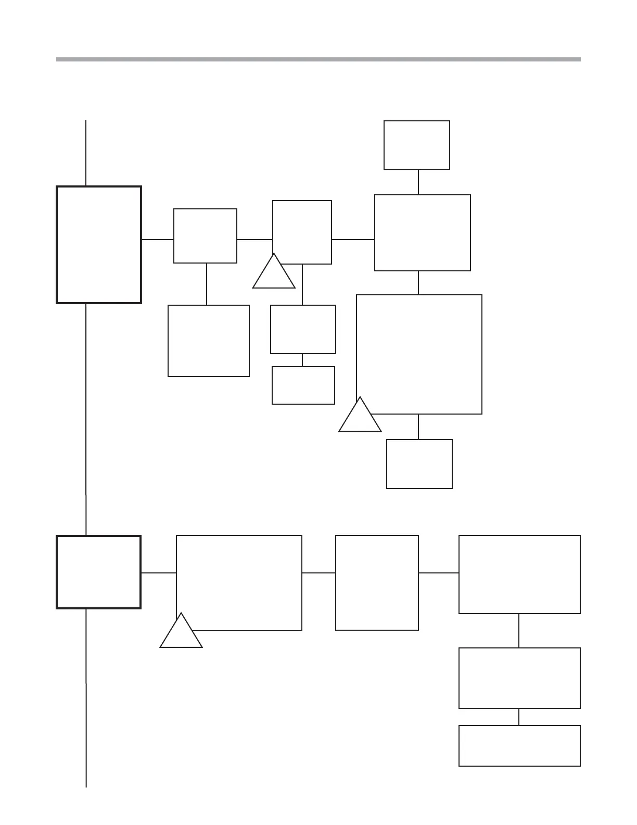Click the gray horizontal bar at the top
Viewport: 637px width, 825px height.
pyautogui.click(x=318, y=59)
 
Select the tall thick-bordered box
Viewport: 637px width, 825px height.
pyautogui.click(x=99, y=244)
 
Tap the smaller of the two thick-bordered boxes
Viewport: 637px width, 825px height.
pyautogui.click(x=98, y=572)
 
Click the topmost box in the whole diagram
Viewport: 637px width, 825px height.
pyautogui.click(x=417, y=145)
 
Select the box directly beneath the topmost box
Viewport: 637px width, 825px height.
pyautogui.click(x=423, y=233)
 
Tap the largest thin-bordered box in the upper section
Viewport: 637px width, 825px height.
pyautogui.click(x=419, y=354)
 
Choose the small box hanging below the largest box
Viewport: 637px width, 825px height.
pyautogui.click(x=419, y=464)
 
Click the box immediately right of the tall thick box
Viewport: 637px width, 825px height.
pyautogui.click(x=205, y=236)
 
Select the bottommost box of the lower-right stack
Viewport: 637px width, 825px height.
pyautogui.click(x=519, y=746)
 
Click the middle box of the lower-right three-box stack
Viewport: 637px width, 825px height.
pyautogui.click(x=519, y=678)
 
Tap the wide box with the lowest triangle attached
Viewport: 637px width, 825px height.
pyautogui.click(x=239, y=583)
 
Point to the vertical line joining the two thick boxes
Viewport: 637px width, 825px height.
pyautogui.click(x=86, y=419)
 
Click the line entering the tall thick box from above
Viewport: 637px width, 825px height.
pyautogui.click(x=86, y=153)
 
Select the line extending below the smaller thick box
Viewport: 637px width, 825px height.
pyautogui.click(x=86, y=698)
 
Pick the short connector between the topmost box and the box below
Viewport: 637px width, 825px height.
pyautogui.click(x=418, y=182)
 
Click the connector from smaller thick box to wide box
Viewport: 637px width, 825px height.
pyautogui.click(x=159, y=573)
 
